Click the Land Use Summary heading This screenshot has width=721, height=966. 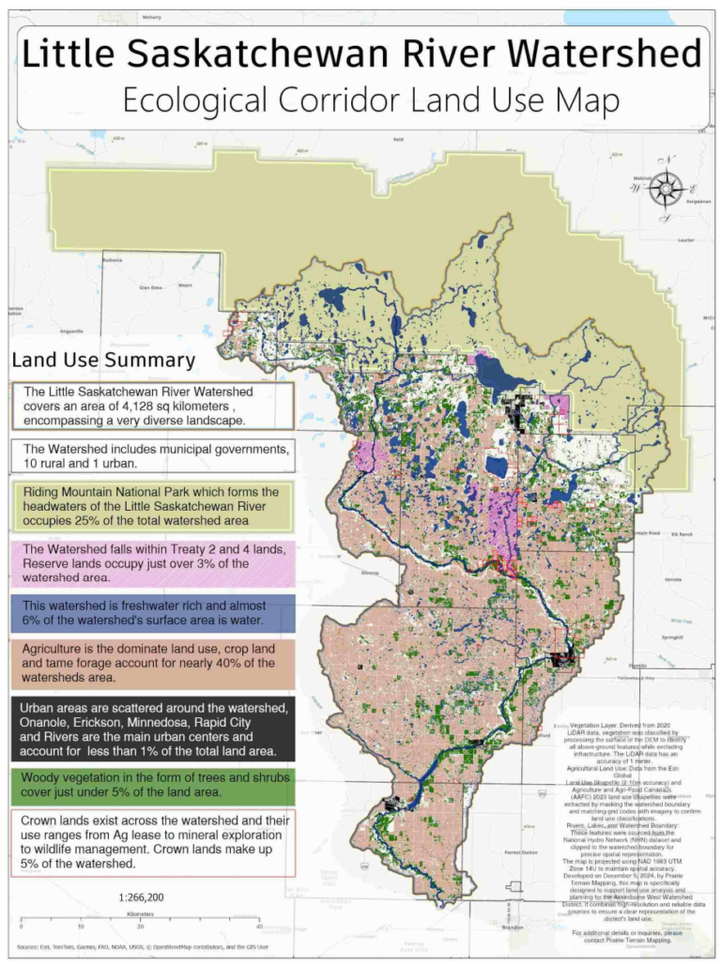(x=103, y=360)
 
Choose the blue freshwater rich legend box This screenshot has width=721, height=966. (x=153, y=613)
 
